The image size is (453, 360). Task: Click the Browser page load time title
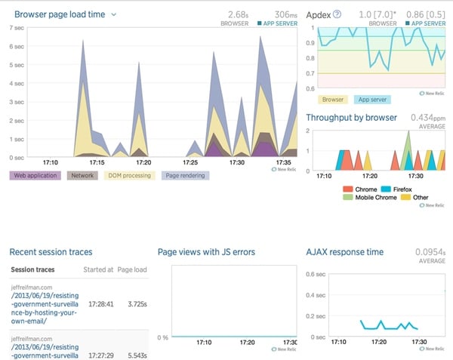click(x=60, y=14)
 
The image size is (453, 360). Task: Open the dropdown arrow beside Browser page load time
click(x=114, y=14)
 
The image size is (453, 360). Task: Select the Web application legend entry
click(x=35, y=175)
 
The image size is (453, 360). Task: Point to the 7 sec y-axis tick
click(x=15, y=28)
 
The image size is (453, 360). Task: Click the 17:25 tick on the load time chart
click(x=190, y=162)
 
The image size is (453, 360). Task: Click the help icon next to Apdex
click(x=337, y=14)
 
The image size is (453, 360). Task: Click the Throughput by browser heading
click(x=351, y=118)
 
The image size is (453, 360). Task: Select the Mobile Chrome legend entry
click(x=369, y=197)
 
